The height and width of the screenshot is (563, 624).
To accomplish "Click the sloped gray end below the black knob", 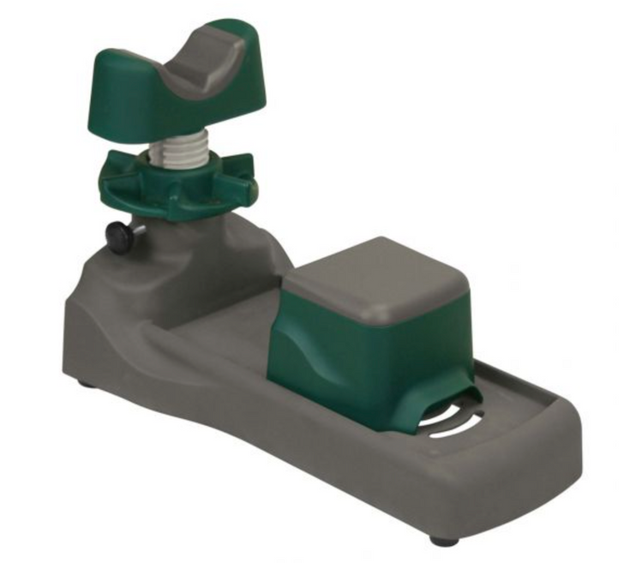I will coord(86,317).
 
